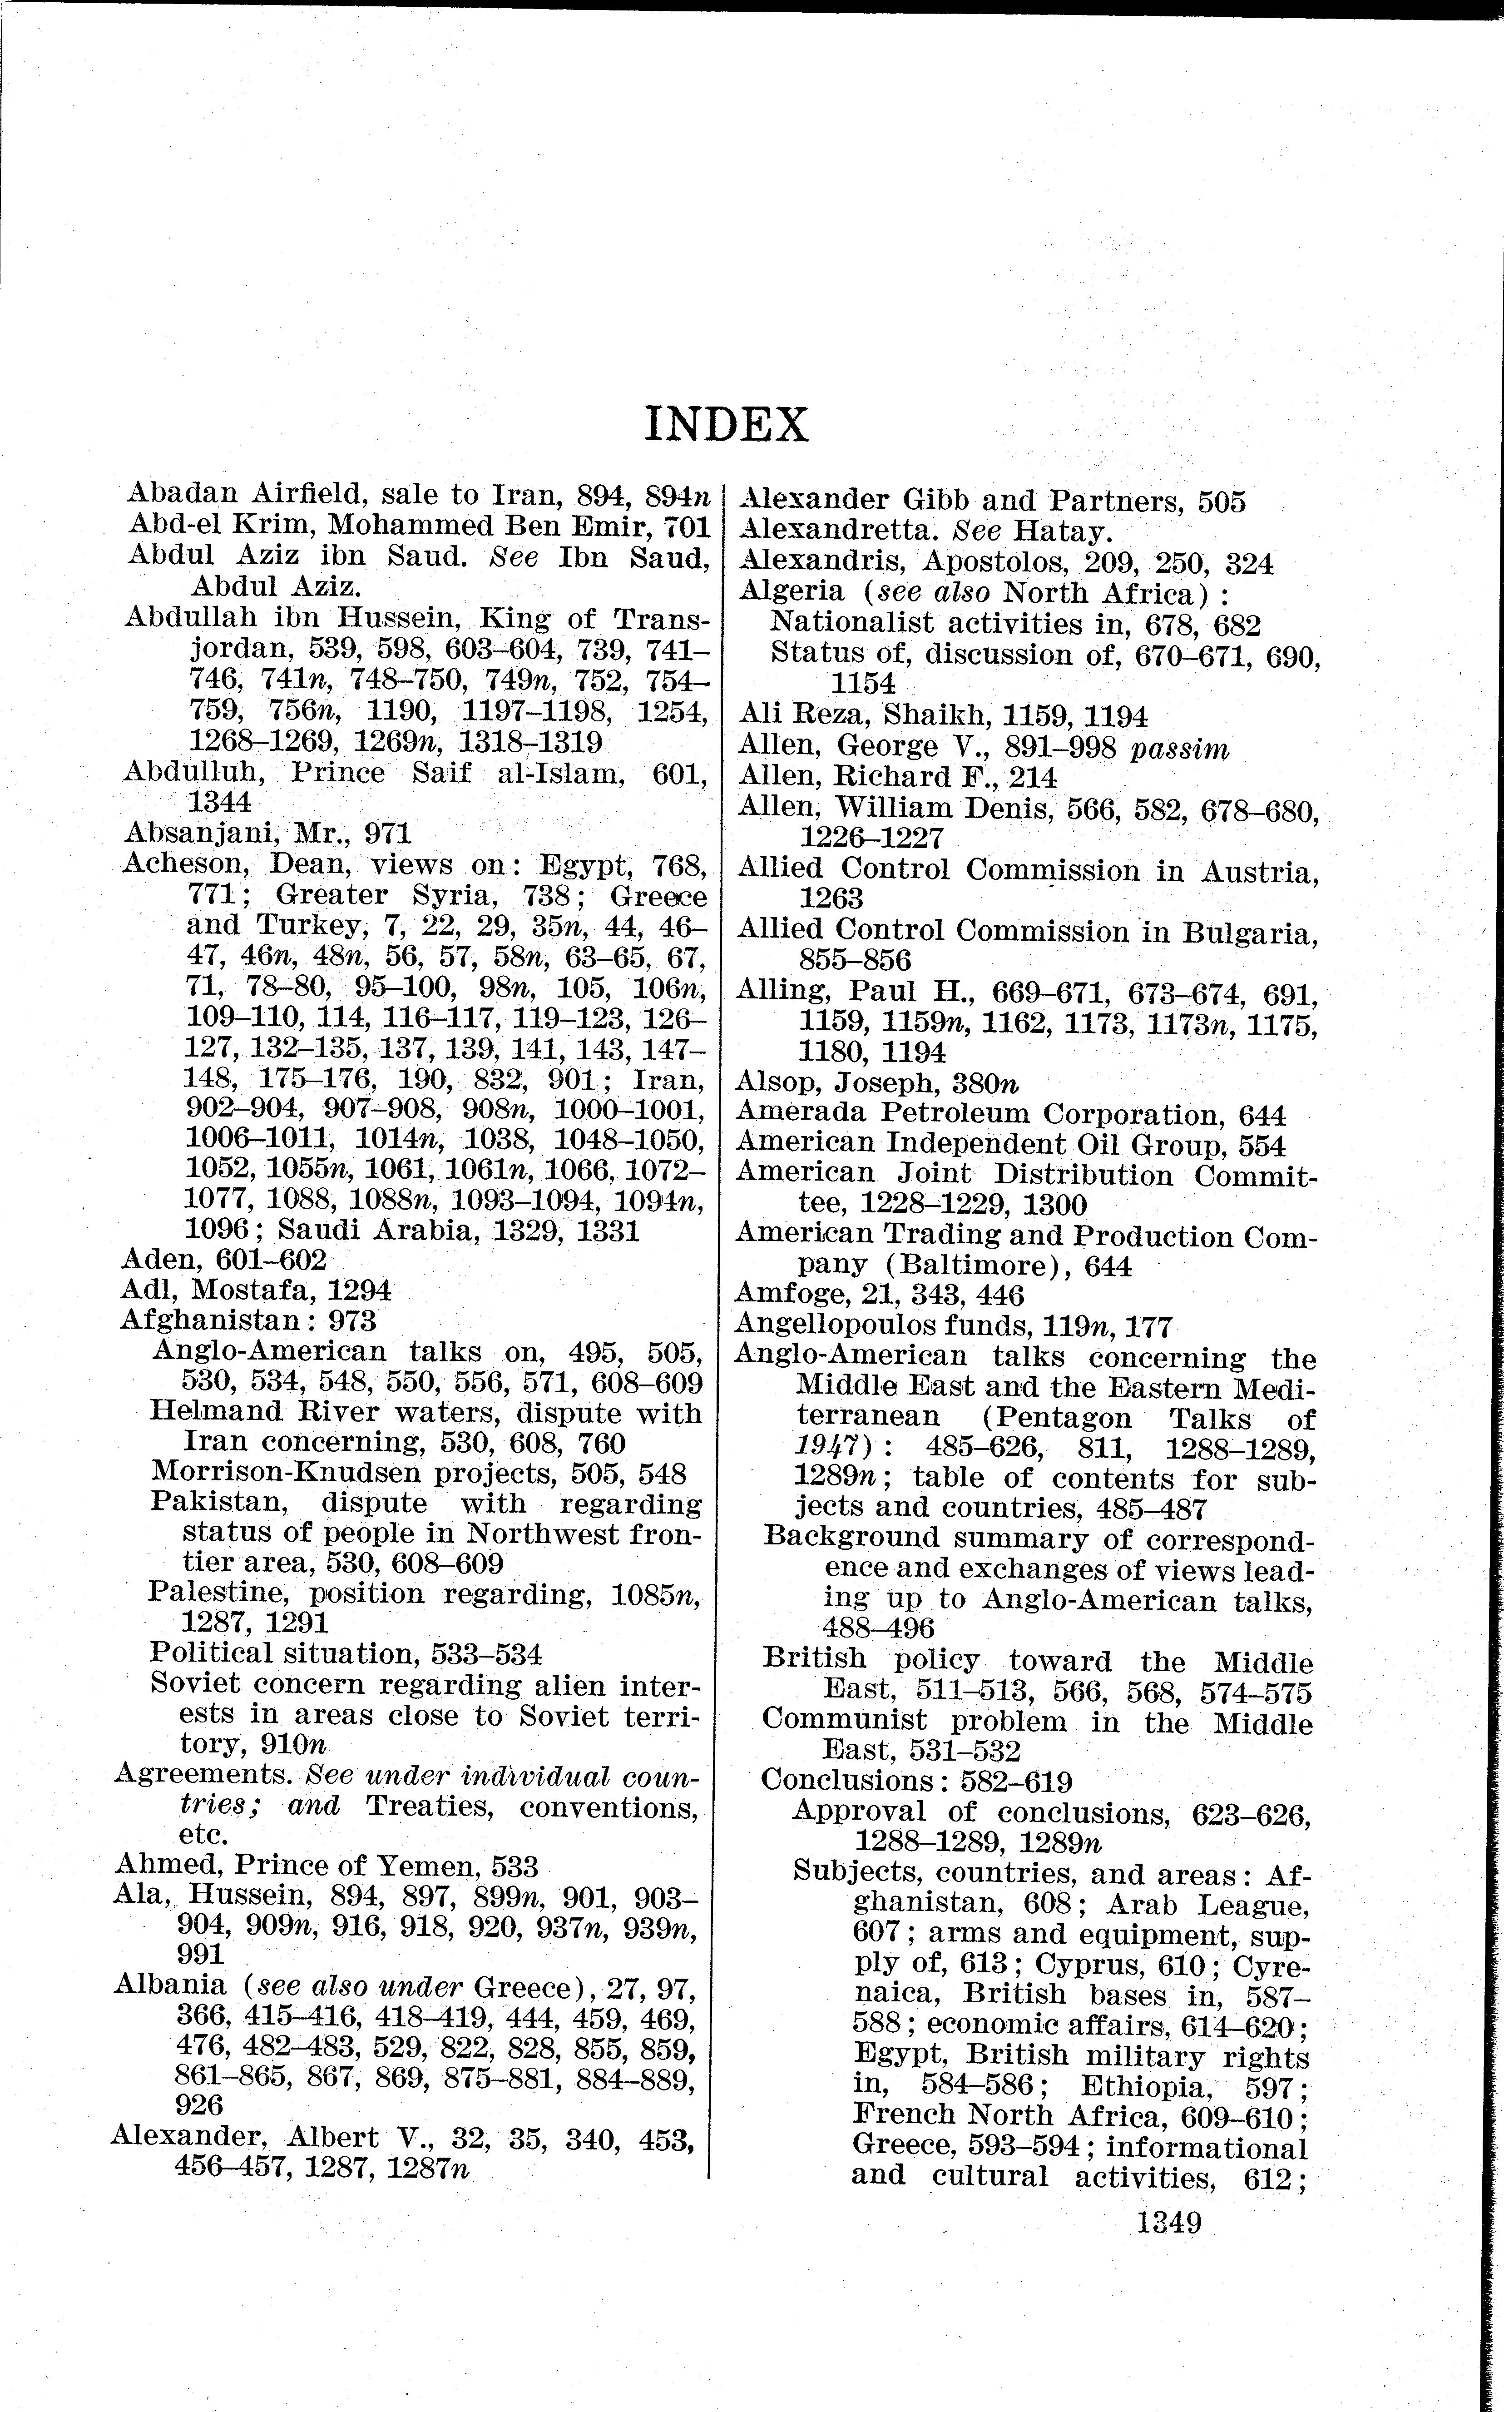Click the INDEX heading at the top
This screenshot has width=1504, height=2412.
[x=726, y=425]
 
